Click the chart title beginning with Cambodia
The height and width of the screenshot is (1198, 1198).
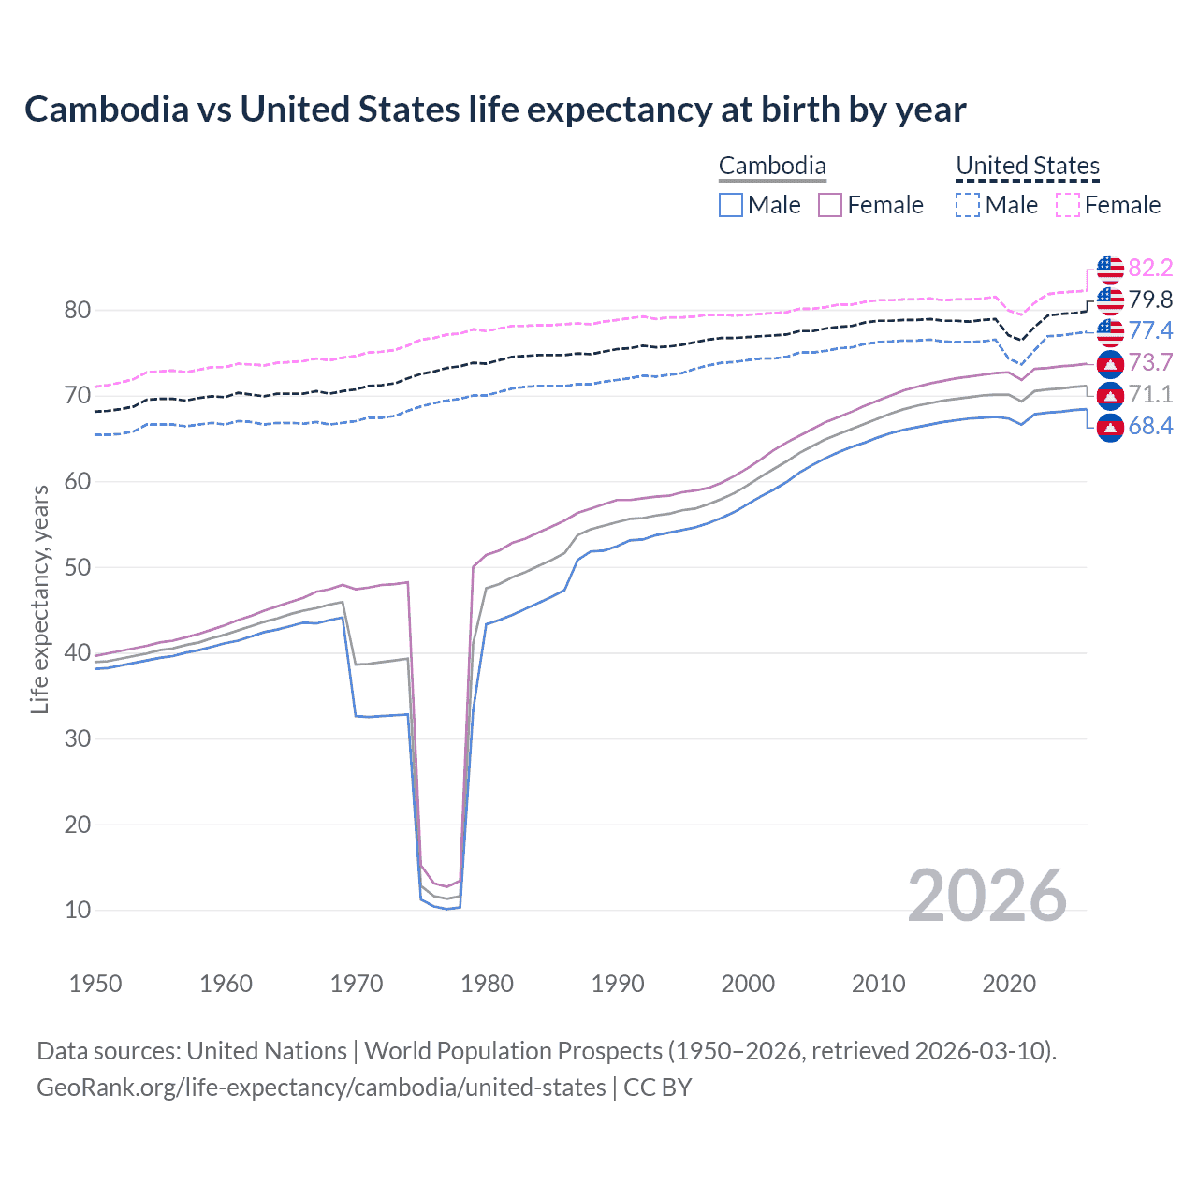coord(495,110)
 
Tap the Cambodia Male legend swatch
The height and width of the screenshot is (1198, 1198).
coord(731,205)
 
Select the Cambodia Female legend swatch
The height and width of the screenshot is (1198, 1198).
coord(830,205)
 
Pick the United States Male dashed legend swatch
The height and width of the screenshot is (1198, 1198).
coord(968,205)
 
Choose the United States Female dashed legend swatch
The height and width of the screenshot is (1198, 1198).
coord(1068,205)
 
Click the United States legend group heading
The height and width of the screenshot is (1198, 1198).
coord(1027,166)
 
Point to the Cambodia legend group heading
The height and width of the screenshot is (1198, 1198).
coord(772,166)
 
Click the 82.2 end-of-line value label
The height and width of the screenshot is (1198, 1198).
coord(1150,269)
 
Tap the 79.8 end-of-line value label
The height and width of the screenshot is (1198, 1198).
coord(1150,299)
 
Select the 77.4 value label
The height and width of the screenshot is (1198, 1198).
coord(1150,330)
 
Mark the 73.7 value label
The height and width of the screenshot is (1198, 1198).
coord(1150,363)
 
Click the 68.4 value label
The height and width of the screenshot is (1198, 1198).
coord(1150,427)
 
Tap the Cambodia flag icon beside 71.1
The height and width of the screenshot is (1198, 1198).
coord(1110,395)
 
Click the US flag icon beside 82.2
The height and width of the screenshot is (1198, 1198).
coord(1110,269)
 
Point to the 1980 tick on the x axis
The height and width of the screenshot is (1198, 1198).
coord(487,984)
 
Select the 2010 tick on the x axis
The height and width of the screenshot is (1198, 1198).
coord(878,984)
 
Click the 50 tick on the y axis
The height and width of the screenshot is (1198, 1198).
coord(78,567)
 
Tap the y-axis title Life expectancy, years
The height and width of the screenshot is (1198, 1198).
coord(39,599)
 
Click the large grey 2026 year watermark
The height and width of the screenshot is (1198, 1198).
coord(986,897)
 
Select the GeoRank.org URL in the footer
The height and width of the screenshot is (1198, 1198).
coord(321,1088)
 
